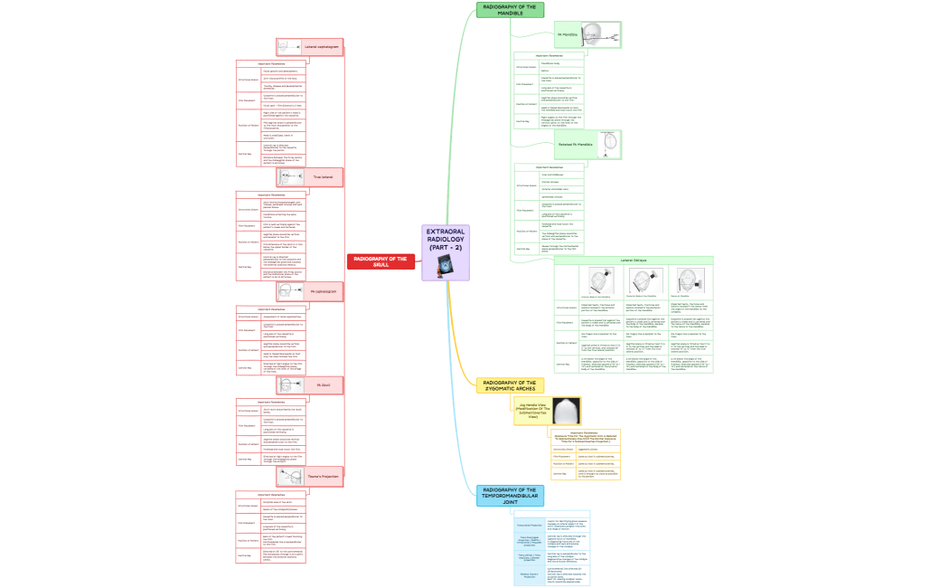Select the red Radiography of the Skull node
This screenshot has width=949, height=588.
(x=381, y=261)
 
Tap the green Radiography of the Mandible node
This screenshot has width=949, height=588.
(x=511, y=10)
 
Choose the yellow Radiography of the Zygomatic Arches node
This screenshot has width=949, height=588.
(x=511, y=385)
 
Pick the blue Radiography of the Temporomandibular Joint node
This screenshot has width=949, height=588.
(x=511, y=495)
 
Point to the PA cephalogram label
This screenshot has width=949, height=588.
(x=323, y=291)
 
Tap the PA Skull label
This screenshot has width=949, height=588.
(x=323, y=384)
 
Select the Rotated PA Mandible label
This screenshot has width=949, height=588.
(x=575, y=145)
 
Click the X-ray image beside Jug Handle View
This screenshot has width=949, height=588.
(x=567, y=411)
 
